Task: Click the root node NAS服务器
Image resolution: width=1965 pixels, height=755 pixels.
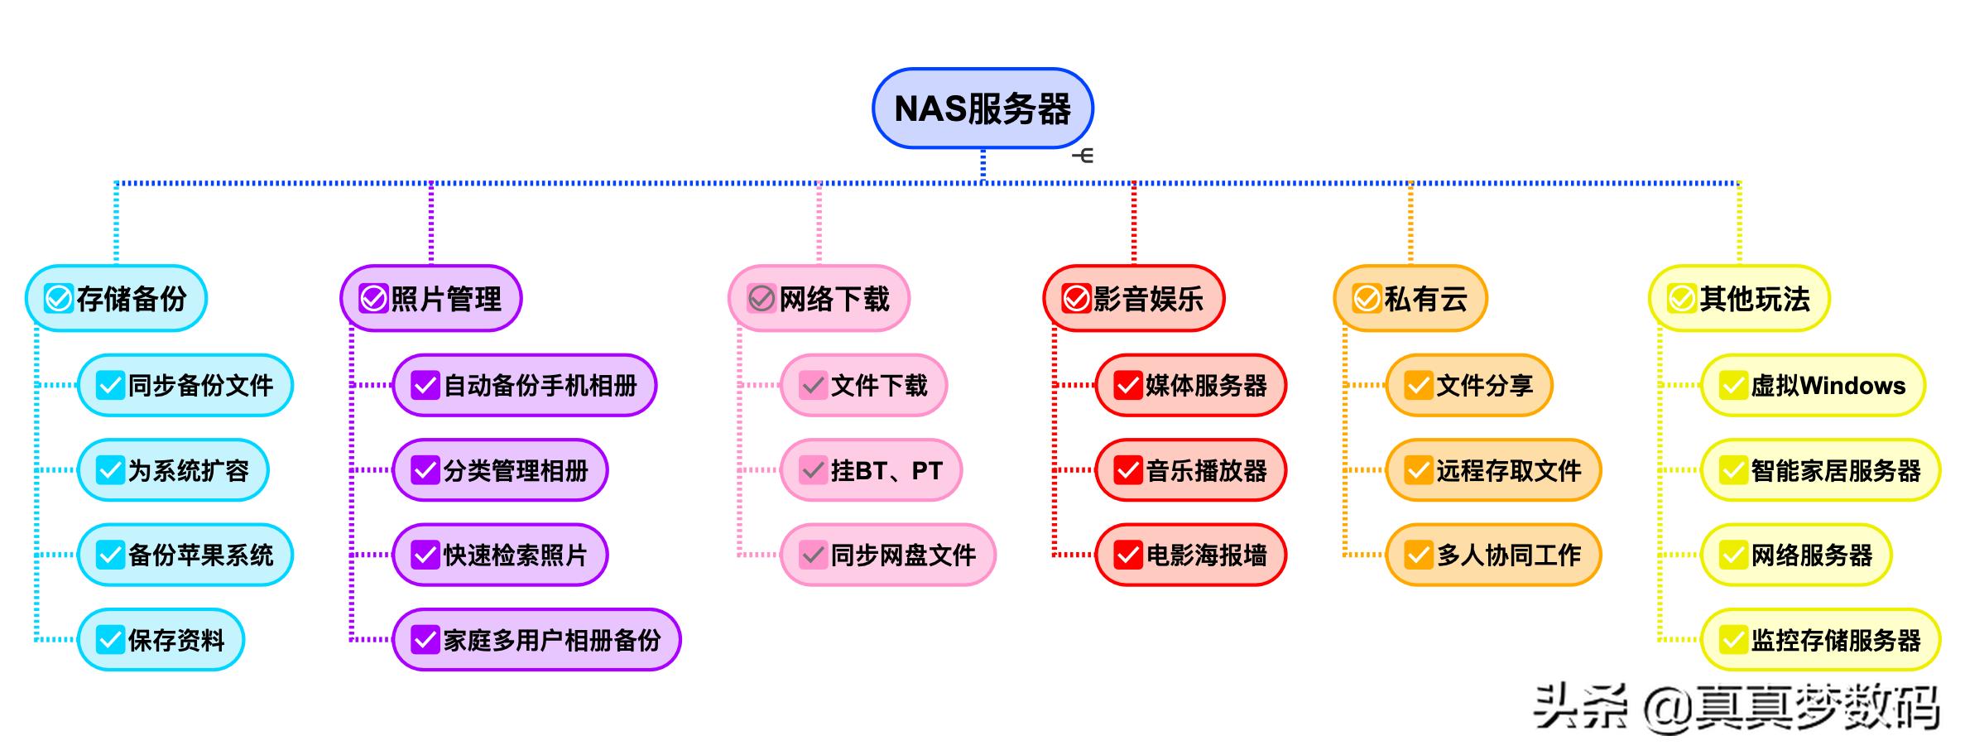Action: [x=982, y=108]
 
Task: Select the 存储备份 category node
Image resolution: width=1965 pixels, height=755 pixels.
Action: [x=116, y=299]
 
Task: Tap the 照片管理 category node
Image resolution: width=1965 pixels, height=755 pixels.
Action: [x=430, y=299]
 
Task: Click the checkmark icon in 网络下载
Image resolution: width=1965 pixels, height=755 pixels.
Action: [x=761, y=299]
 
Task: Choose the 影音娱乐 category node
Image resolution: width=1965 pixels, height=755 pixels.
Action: [x=1133, y=299]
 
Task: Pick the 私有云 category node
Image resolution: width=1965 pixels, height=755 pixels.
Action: [x=1410, y=299]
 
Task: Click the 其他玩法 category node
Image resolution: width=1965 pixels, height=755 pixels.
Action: [x=1738, y=299]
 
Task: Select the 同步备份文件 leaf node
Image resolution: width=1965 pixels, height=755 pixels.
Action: [x=185, y=385]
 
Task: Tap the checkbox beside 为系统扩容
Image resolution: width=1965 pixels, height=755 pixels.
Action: [x=110, y=470]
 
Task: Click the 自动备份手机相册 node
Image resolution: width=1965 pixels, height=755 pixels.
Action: [x=524, y=385]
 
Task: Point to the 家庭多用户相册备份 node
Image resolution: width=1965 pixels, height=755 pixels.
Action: [x=536, y=639]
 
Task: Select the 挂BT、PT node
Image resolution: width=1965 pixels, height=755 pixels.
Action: [x=871, y=470]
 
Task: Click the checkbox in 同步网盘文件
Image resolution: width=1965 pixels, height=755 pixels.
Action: [x=813, y=555]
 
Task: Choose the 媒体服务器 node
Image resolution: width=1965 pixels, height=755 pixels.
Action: [x=1190, y=385]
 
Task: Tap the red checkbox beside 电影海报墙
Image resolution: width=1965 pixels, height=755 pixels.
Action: [x=1128, y=555]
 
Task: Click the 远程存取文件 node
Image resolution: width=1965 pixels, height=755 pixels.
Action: [x=1493, y=470]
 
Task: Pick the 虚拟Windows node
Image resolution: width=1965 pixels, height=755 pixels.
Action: [x=1813, y=385]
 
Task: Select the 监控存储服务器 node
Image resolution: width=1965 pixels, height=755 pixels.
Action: [x=1820, y=639]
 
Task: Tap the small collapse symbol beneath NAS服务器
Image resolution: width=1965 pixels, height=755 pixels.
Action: [x=1083, y=156]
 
